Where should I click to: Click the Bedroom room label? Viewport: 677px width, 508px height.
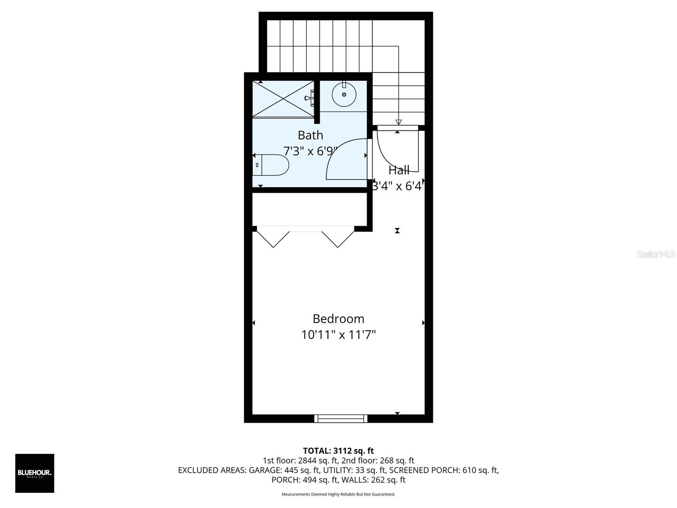point(338,319)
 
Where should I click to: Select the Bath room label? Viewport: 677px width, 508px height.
point(310,135)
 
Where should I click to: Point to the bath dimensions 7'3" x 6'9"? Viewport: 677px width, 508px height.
point(310,151)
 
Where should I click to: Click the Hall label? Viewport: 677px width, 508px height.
point(399,170)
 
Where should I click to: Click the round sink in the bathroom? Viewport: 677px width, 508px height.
point(344,94)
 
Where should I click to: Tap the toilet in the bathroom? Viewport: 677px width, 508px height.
point(271,165)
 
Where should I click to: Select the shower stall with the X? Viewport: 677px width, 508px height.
point(283,99)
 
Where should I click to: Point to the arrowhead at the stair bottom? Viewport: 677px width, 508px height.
point(398,122)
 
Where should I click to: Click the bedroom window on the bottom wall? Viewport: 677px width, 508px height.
point(341,419)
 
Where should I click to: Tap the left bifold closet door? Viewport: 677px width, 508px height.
point(273,239)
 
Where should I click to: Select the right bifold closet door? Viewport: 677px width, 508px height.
point(338,239)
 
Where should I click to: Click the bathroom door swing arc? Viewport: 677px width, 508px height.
point(345,159)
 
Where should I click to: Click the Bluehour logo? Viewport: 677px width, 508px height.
point(35,473)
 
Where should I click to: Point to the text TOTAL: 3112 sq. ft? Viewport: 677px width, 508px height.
point(338,451)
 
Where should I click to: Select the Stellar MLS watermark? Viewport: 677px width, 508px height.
point(655,254)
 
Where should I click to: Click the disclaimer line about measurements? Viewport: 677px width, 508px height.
point(338,494)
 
